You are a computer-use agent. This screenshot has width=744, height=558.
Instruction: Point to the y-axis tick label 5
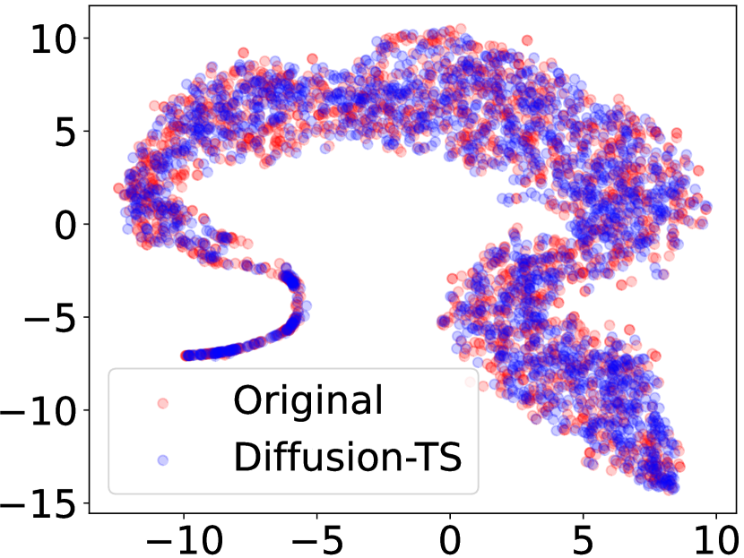[x=65, y=132]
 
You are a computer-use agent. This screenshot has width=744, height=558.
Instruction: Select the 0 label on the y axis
[x=65, y=225]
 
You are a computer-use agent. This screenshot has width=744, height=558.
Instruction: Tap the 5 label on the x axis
[x=583, y=538]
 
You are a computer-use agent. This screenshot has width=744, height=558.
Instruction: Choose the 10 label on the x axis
[x=715, y=538]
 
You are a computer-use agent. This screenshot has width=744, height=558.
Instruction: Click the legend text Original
[x=307, y=399]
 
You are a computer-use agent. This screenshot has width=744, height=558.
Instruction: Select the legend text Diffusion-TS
[x=347, y=458]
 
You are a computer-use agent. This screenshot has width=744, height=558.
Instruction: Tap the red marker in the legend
[x=162, y=401]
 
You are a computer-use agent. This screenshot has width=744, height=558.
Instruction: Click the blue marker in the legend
[x=162, y=459]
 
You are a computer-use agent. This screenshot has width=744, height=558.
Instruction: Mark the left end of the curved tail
[x=186, y=356]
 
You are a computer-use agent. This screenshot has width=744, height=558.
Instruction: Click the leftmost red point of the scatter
[x=118, y=188]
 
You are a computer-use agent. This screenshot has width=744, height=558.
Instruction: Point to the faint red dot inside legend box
[x=469, y=382]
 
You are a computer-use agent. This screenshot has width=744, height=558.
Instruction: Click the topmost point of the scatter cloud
[x=461, y=30]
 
